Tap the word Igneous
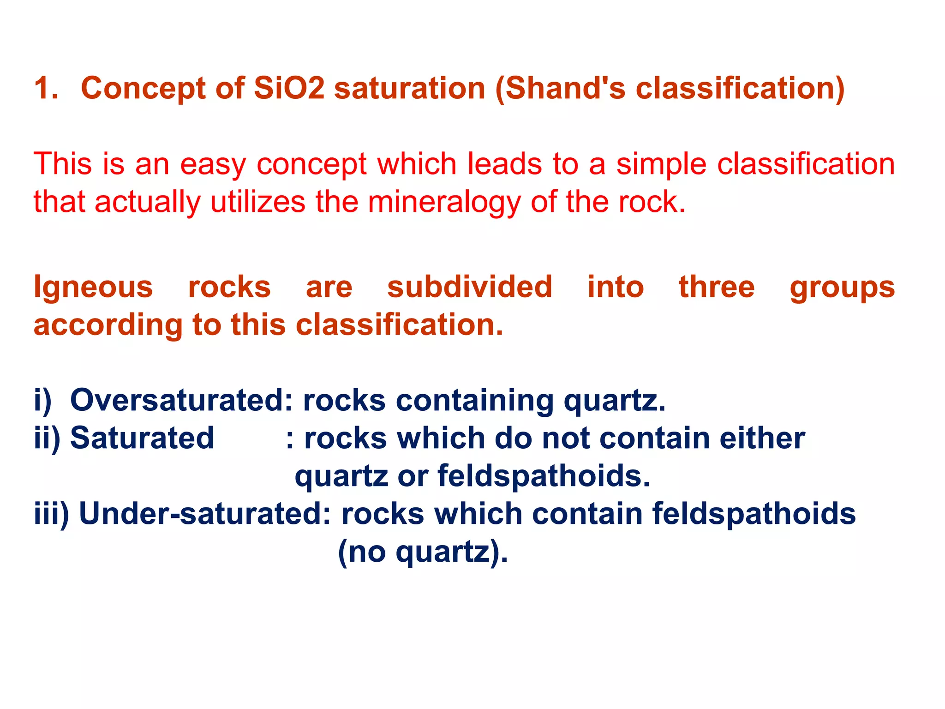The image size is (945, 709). click(93, 287)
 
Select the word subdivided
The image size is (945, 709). click(470, 287)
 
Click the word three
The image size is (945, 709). click(717, 287)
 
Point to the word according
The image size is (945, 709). click(108, 325)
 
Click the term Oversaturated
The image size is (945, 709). click(181, 400)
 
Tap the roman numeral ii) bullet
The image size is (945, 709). click(48, 438)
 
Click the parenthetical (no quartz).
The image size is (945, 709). click(423, 552)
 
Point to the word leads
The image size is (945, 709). click(505, 164)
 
